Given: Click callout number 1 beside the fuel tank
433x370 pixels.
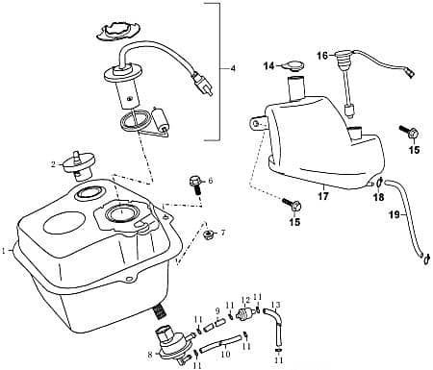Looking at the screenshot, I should pos(7,250).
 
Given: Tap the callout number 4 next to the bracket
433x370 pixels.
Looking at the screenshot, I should pos(231,68).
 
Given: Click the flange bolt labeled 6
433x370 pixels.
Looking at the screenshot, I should pos(196,182).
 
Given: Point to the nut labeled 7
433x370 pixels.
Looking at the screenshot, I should pos(208,234).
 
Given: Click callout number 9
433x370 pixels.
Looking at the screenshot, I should pos(217,310).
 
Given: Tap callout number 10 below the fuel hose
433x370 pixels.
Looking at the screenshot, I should pos(225,354).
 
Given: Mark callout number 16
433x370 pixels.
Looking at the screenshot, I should pos(322,55).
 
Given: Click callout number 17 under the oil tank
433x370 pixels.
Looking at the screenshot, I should pos(323,196).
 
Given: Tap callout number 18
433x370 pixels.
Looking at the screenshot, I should pos(377,196).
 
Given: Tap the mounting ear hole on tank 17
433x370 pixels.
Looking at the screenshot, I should pos(258,122).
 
